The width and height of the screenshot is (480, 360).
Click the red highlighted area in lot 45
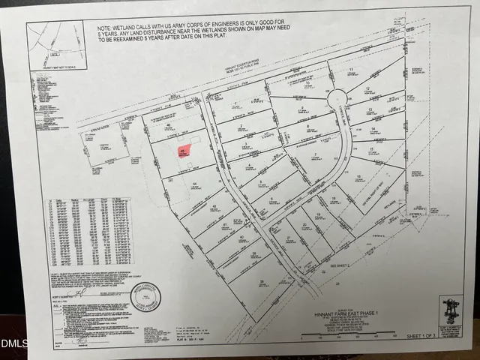(182, 152)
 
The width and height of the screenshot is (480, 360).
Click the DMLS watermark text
(13, 345)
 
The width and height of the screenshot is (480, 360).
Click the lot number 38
(262, 282)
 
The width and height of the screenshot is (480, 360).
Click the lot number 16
(359, 178)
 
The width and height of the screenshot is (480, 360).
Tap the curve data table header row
(88, 201)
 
